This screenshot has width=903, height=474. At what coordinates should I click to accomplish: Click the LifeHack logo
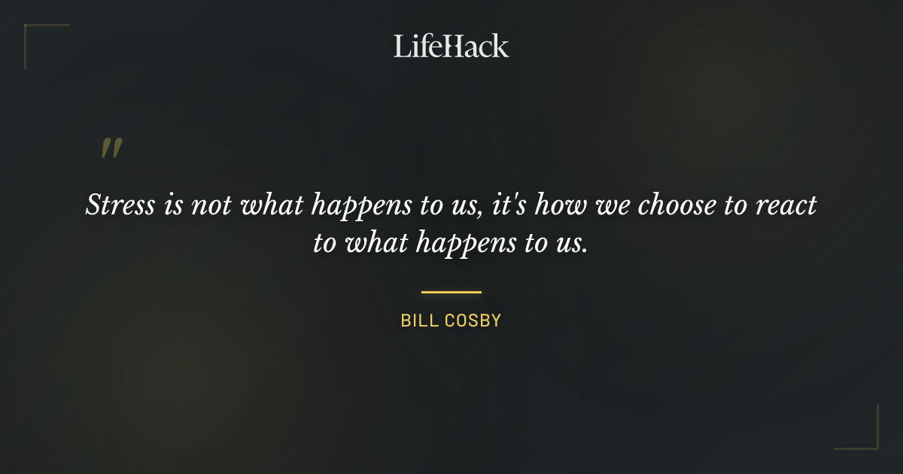coord(451,46)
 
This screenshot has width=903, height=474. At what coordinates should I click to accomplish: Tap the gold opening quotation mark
coord(111,148)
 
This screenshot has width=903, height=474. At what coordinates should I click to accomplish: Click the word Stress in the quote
coord(120,205)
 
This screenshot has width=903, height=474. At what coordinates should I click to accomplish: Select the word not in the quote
coord(212,205)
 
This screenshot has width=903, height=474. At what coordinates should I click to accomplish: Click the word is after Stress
coord(172,205)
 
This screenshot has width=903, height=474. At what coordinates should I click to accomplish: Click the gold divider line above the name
coord(451,292)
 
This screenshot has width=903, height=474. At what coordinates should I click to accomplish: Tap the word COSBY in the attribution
coord(474,321)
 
